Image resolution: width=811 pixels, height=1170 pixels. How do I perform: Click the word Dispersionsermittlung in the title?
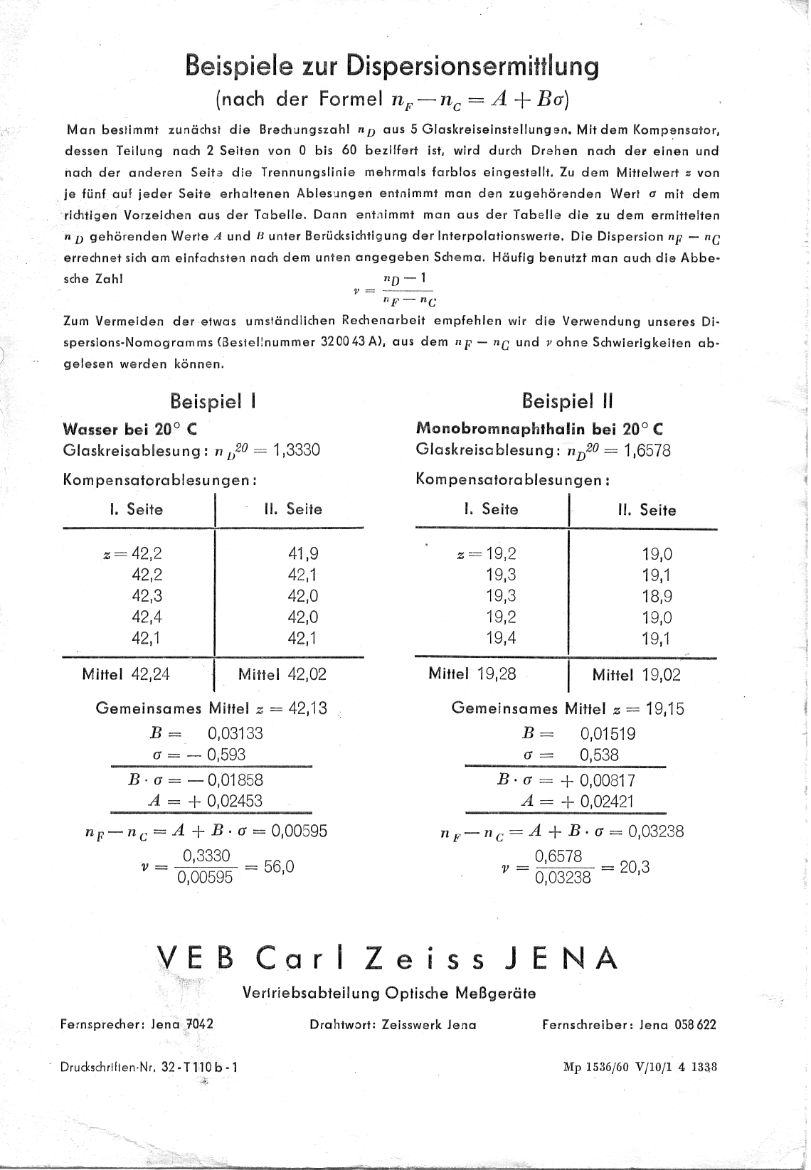point(472,66)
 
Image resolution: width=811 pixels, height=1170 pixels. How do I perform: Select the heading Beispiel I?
point(213,402)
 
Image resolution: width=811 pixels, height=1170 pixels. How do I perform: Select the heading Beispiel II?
point(566,402)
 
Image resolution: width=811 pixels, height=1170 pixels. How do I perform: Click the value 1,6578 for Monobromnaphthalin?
point(647,450)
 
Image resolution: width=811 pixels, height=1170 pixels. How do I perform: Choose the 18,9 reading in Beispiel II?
point(657,597)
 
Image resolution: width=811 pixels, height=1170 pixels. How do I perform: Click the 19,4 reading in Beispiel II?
point(501,638)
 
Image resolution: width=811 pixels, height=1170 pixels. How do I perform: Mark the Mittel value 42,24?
point(151,674)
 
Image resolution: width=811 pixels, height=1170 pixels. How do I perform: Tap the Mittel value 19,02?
point(661,675)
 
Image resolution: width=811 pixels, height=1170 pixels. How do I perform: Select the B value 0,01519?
point(608,734)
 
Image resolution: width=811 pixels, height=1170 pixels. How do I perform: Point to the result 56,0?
point(279,866)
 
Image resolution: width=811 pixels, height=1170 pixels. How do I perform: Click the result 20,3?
point(635,867)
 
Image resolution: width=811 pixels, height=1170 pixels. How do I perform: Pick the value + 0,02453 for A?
point(225,801)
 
